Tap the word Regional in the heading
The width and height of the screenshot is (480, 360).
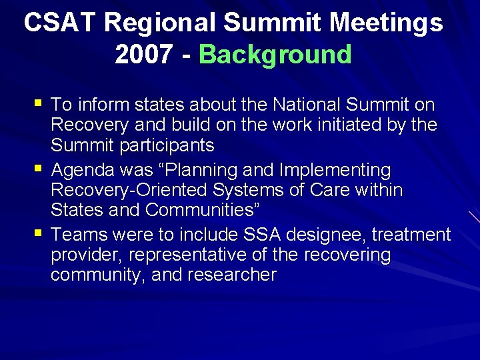(x=159, y=23)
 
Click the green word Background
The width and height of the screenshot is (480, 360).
(x=275, y=55)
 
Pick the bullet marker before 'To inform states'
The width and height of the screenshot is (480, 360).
(x=37, y=103)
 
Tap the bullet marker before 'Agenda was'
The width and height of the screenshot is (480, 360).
(x=37, y=169)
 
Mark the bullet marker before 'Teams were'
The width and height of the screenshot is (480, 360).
(x=37, y=234)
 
